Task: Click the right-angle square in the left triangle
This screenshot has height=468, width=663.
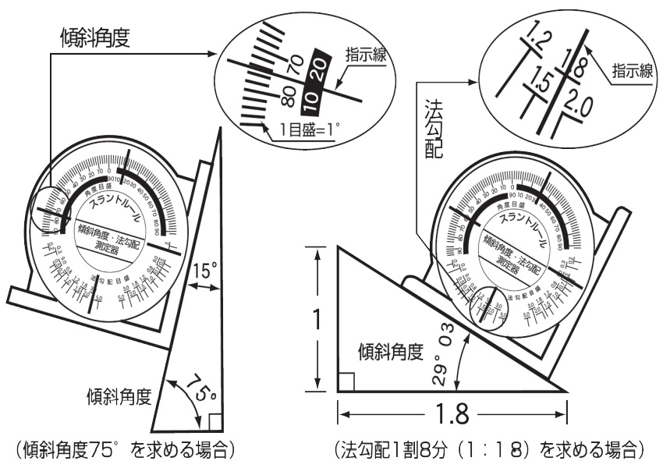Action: pos(214,422)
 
